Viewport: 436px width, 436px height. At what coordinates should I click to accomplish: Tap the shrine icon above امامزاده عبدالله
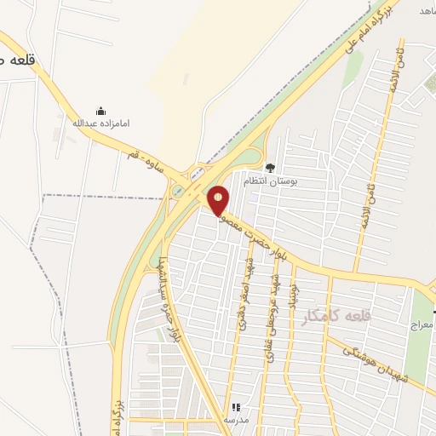pos(100,111)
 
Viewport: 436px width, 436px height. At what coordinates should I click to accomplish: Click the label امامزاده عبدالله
pos(100,123)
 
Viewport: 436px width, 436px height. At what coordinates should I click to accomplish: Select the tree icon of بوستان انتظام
pos(271,168)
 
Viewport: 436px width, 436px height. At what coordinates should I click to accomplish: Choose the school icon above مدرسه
pos(235,408)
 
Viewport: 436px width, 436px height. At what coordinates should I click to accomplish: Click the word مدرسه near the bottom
pos(235,421)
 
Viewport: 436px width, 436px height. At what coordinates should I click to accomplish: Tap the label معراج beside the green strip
pos(422,325)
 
